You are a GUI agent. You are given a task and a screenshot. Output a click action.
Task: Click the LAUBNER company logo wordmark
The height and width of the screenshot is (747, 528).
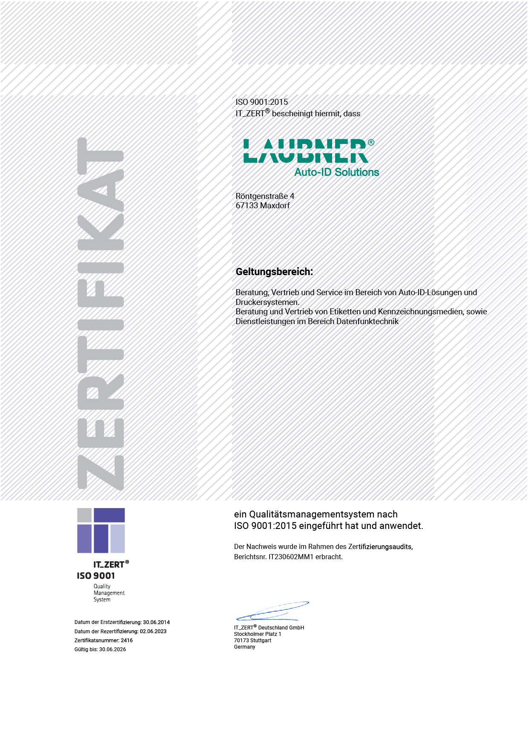pyautogui.click(x=305, y=151)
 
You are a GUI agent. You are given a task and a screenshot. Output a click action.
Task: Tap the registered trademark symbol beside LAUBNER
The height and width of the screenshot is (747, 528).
pyautogui.click(x=371, y=142)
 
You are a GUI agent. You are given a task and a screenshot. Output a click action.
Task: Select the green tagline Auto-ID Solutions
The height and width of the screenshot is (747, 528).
pyautogui.click(x=336, y=172)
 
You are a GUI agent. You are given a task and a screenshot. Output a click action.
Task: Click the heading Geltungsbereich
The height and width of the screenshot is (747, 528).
pyautogui.click(x=274, y=272)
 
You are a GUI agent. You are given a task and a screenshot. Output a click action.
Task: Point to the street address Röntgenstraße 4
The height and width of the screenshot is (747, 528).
pyautogui.click(x=265, y=196)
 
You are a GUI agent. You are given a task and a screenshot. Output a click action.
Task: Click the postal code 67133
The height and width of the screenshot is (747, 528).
pyautogui.click(x=247, y=206)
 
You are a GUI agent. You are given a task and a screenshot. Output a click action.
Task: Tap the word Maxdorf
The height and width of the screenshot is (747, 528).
pyautogui.click(x=275, y=206)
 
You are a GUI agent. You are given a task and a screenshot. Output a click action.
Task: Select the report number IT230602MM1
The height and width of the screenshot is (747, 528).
pyautogui.click(x=291, y=557)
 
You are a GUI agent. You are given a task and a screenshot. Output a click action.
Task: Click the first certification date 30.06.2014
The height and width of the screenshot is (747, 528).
pyautogui.click(x=156, y=622)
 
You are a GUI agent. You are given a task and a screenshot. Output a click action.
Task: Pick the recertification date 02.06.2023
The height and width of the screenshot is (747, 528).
pyautogui.click(x=153, y=632)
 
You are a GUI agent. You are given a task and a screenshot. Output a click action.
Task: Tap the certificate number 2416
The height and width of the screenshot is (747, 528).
pyautogui.click(x=127, y=641)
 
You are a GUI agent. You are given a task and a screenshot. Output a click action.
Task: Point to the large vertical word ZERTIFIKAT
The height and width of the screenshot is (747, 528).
pyautogui.click(x=101, y=314)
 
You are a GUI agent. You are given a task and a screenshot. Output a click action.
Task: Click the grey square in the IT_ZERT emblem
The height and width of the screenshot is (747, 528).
pyautogui.click(x=84, y=515)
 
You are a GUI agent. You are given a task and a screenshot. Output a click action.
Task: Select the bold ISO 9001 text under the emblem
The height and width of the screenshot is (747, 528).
pyautogui.click(x=96, y=576)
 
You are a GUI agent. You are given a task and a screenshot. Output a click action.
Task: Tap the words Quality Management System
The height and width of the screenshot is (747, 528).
pyautogui.click(x=109, y=593)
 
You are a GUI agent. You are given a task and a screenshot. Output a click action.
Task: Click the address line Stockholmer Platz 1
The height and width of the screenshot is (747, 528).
pyautogui.click(x=258, y=634)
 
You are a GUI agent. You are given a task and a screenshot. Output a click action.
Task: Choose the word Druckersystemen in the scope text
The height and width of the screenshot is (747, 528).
pyautogui.click(x=267, y=302)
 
